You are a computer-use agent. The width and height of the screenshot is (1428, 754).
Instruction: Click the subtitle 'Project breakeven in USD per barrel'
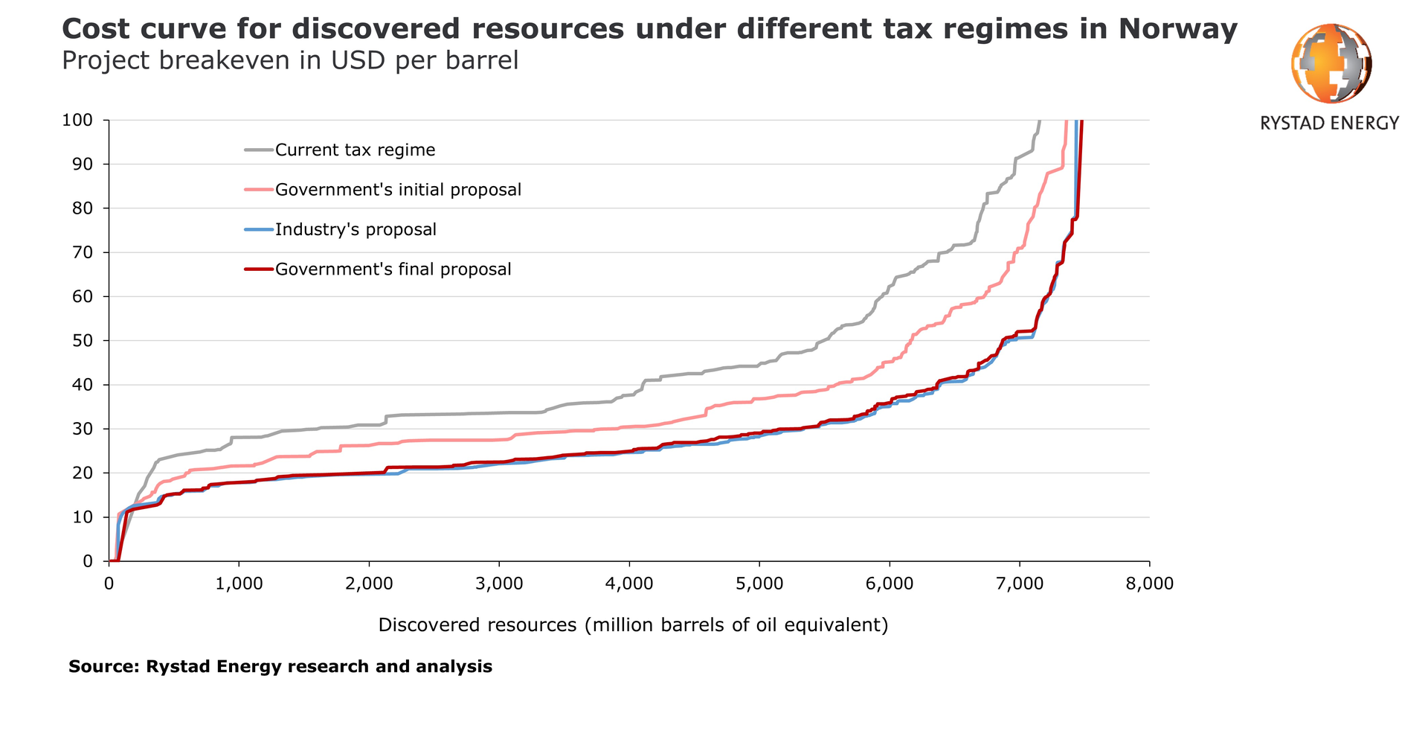(289, 60)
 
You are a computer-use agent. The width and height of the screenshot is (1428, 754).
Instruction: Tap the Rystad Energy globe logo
(1331, 63)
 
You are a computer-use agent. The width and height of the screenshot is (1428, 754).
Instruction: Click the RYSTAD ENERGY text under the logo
(1329, 123)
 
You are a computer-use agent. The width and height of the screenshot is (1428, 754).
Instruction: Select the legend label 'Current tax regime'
(355, 150)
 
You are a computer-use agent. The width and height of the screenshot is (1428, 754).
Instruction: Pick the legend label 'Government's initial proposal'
(398, 190)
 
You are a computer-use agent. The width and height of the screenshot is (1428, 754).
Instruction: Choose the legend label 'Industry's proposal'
(356, 229)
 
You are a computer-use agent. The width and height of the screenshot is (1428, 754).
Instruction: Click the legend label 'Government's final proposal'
(393, 269)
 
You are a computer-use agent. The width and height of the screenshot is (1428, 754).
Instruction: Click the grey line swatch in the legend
(258, 150)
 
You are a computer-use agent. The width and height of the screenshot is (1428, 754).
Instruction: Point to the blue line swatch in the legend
(258, 229)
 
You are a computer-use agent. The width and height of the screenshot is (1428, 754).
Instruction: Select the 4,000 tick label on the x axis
(629, 584)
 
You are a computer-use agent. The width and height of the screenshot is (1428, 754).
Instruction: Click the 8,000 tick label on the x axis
(1149, 584)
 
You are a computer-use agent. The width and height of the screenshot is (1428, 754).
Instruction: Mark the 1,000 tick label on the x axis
(239, 584)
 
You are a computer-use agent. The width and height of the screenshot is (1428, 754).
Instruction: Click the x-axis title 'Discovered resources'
(633, 624)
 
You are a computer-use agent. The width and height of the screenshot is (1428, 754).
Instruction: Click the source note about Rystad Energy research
(280, 666)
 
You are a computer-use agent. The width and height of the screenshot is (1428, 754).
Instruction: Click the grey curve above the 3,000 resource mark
(499, 412)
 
